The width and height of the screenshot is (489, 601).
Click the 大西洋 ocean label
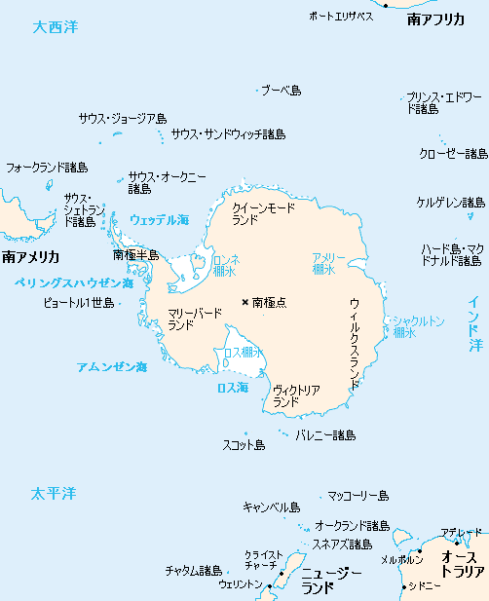55,27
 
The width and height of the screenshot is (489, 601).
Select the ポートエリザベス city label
341,17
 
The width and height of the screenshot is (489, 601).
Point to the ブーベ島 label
281,90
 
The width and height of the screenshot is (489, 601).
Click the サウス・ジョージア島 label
123,119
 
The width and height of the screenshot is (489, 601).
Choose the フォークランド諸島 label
47,168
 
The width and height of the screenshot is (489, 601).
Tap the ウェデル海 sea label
160,220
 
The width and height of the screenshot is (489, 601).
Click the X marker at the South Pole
244,302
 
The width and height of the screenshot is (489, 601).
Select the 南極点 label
269,303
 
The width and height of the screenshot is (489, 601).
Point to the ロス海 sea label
232,387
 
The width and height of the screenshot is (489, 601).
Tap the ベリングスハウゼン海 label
74,282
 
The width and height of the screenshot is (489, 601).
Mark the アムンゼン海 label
112,367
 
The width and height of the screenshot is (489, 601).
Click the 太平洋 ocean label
53,494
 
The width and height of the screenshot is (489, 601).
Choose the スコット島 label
244,445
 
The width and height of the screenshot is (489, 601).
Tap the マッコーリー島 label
357,496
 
